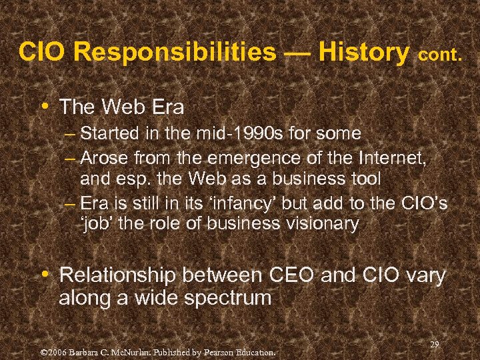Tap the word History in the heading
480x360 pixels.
pos(364,52)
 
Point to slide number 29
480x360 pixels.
pos(434,345)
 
